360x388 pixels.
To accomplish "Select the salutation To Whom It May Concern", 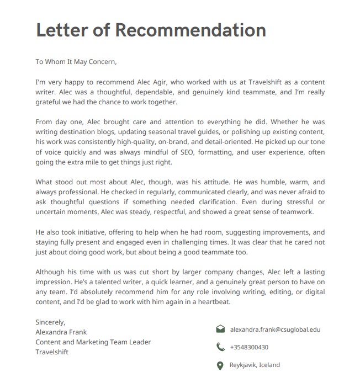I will coord(76,62).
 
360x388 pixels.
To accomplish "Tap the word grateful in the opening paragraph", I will coord(50,102).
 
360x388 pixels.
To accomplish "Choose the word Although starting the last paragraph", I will coord(51,273).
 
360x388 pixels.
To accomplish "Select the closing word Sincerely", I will coord(50,322).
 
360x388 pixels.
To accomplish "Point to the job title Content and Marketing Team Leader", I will coord(93,342).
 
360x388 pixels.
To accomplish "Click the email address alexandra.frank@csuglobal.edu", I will coord(275,329).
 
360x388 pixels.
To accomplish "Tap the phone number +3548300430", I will coord(249,347).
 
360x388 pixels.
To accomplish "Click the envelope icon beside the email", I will coord(220,329).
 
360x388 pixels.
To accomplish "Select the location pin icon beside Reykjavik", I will coord(220,365).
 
